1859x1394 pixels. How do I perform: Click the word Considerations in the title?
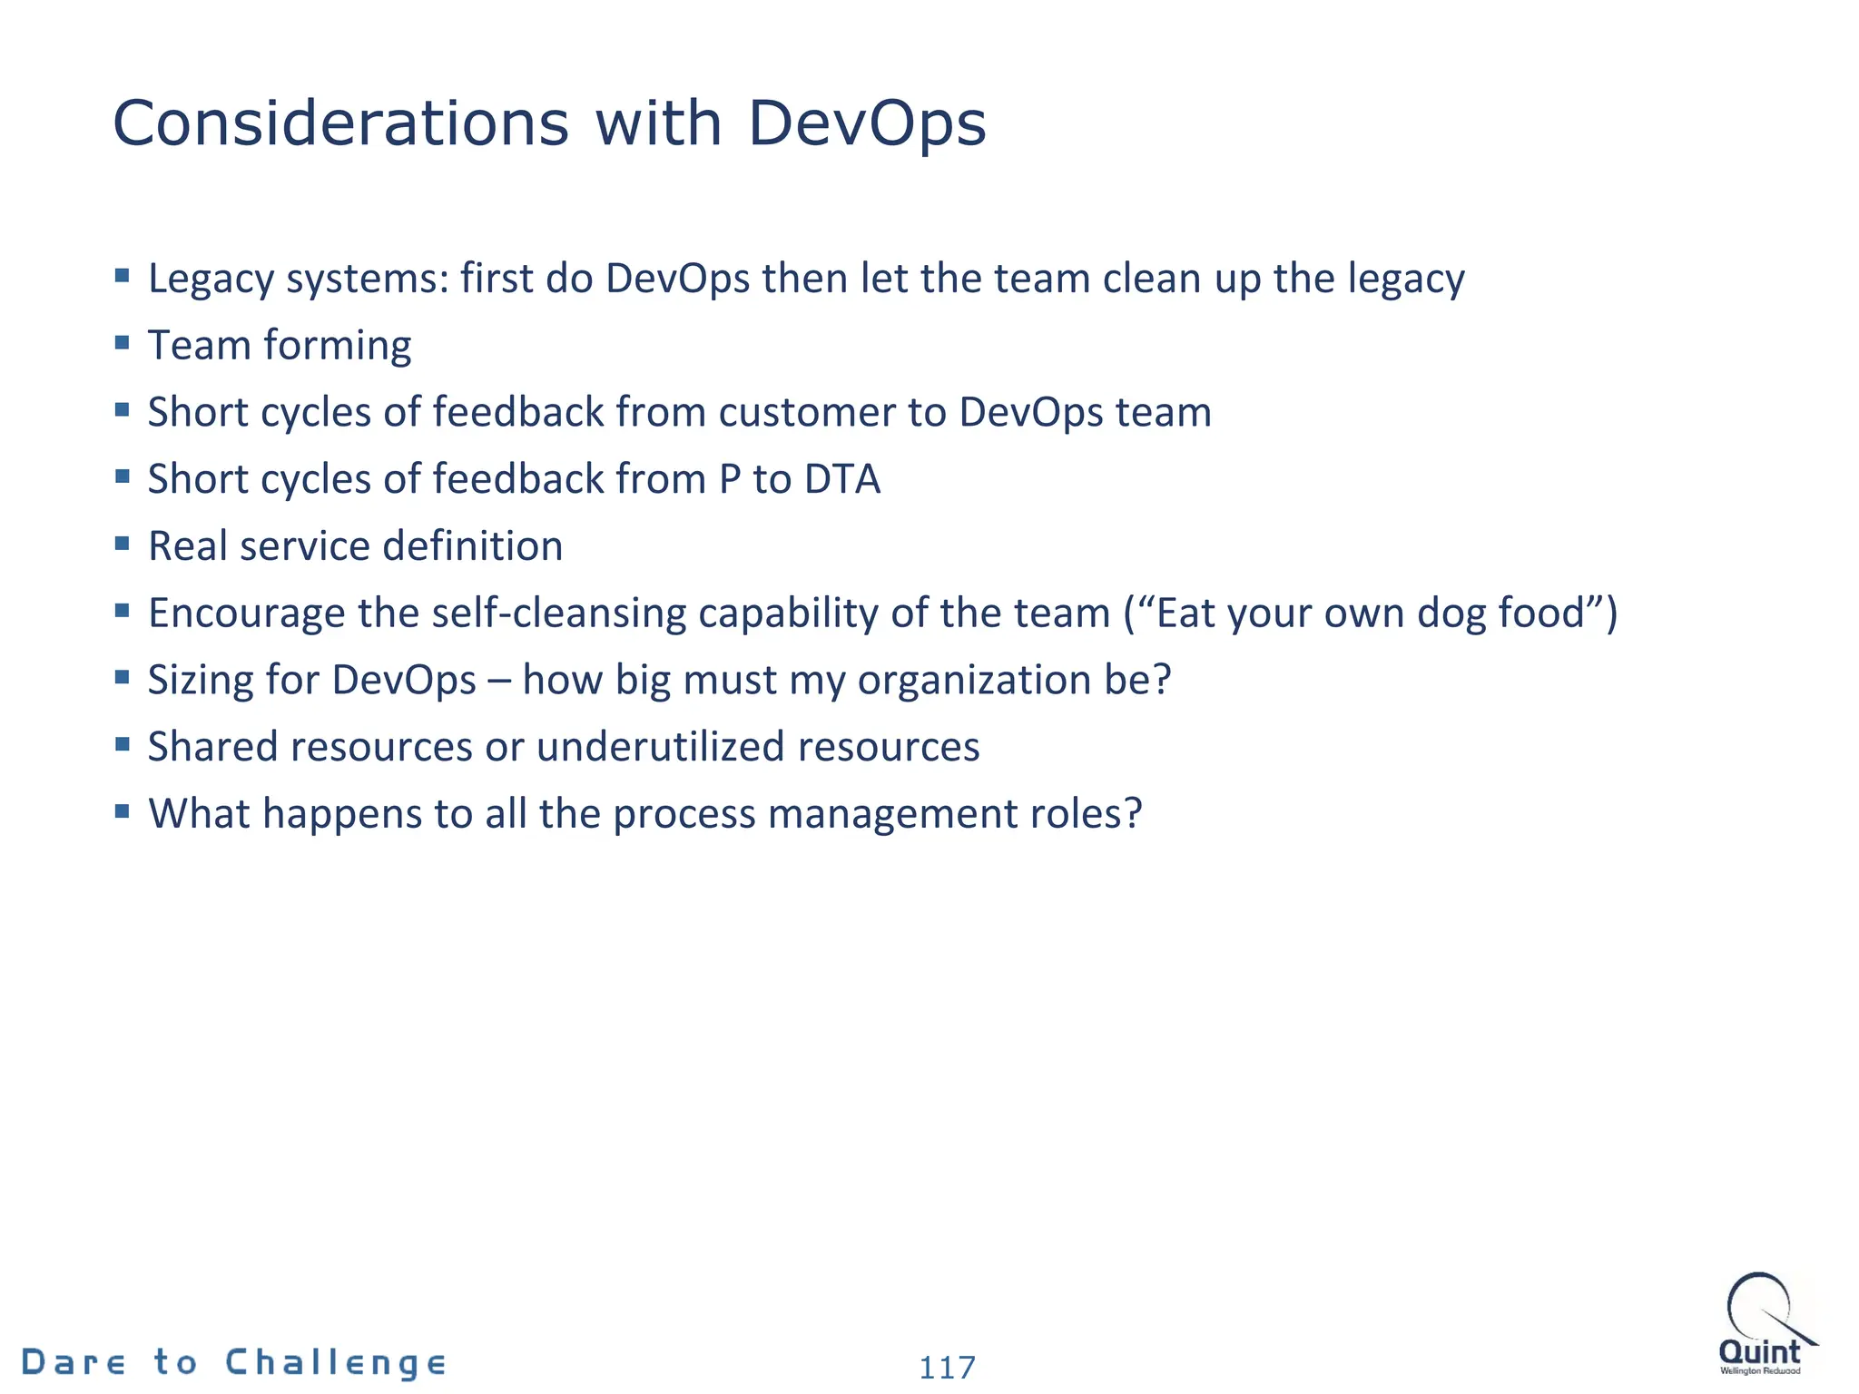(x=340, y=123)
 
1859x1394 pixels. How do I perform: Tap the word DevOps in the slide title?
(x=867, y=123)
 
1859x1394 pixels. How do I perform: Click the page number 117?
(x=947, y=1367)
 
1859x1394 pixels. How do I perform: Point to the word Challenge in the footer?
(x=336, y=1362)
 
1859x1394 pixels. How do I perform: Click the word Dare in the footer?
(x=74, y=1362)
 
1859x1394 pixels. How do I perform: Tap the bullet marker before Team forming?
(x=123, y=342)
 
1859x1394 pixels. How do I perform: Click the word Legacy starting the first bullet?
(x=211, y=280)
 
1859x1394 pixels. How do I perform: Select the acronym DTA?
(x=842, y=479)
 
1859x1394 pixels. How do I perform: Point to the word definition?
(x=473, y=546)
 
